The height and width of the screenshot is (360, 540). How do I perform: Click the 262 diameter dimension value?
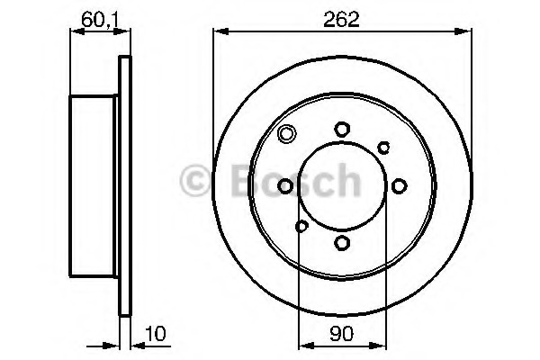[x=341, y=19]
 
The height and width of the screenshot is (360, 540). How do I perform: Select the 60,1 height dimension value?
[x=100, y=21]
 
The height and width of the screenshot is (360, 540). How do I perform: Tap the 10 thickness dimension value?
[x=156, y=334]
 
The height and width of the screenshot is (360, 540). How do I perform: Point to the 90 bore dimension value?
[x=342, y=334]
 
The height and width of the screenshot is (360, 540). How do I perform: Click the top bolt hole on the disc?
[x=342, y=130]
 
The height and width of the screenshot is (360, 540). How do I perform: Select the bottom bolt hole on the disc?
[x=342, y=242]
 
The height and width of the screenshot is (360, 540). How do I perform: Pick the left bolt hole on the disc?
[x=285, y=186]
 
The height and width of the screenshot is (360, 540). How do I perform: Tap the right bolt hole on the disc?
[x=399, y=186]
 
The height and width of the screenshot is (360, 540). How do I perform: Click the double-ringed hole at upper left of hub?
[x=286, y=133]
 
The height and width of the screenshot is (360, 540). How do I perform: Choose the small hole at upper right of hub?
[x=383, y=148]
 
